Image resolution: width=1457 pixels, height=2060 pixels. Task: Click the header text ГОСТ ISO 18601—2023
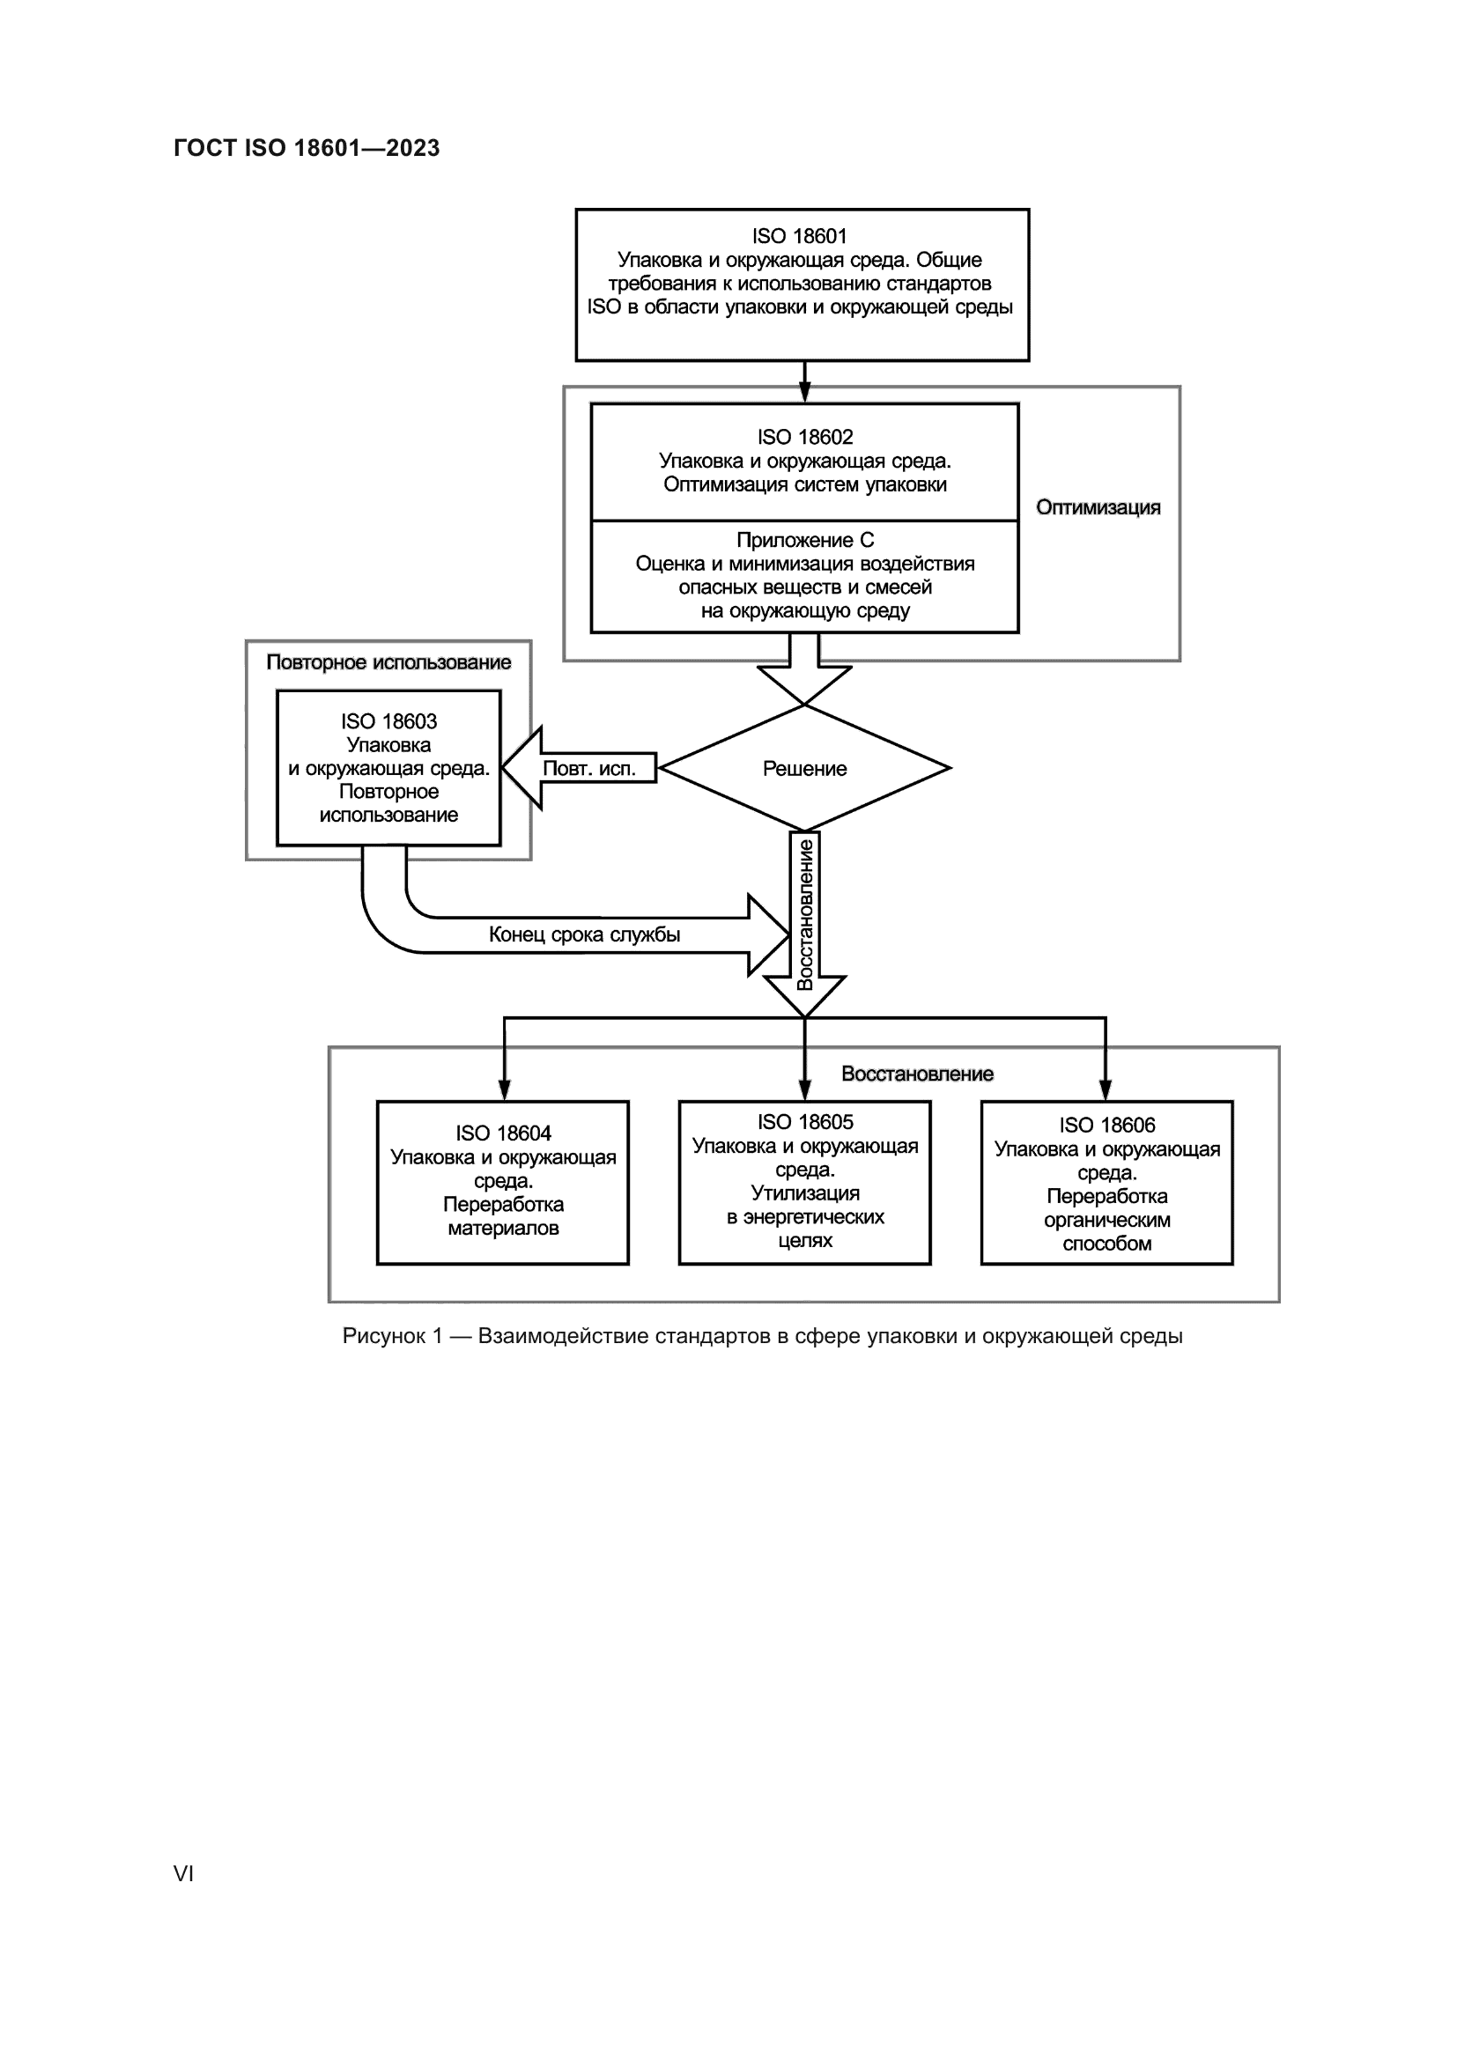point(306,148)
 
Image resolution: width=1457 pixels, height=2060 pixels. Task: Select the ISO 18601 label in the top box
point(798,236)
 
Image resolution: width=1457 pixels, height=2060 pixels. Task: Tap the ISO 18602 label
point(804,437)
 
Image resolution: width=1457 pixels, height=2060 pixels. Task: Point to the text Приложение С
point(804,540)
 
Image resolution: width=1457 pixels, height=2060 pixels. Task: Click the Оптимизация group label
point(1098,508)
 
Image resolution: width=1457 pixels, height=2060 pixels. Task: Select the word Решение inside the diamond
point(804,769)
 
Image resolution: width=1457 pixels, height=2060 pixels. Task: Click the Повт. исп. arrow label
point(588,769)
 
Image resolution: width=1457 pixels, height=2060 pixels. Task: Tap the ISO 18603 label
point(388,721)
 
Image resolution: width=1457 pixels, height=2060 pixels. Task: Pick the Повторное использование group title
point(388,662)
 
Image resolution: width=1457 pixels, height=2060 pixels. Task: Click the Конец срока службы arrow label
point(584,935)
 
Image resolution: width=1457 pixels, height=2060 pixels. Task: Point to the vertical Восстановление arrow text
point(805,914)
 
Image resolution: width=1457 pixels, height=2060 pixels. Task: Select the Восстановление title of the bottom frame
point(917,1074)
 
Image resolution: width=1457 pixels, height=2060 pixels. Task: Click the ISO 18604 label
point(502,1133)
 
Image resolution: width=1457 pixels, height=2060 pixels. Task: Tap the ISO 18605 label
point(805,1122)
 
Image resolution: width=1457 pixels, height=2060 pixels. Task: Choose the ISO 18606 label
point(1106,1125)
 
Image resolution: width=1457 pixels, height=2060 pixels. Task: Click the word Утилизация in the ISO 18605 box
point(805,1193)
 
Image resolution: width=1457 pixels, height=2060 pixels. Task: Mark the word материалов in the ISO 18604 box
point(502,1228)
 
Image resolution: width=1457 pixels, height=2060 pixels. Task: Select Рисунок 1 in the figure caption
point(392,1336)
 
